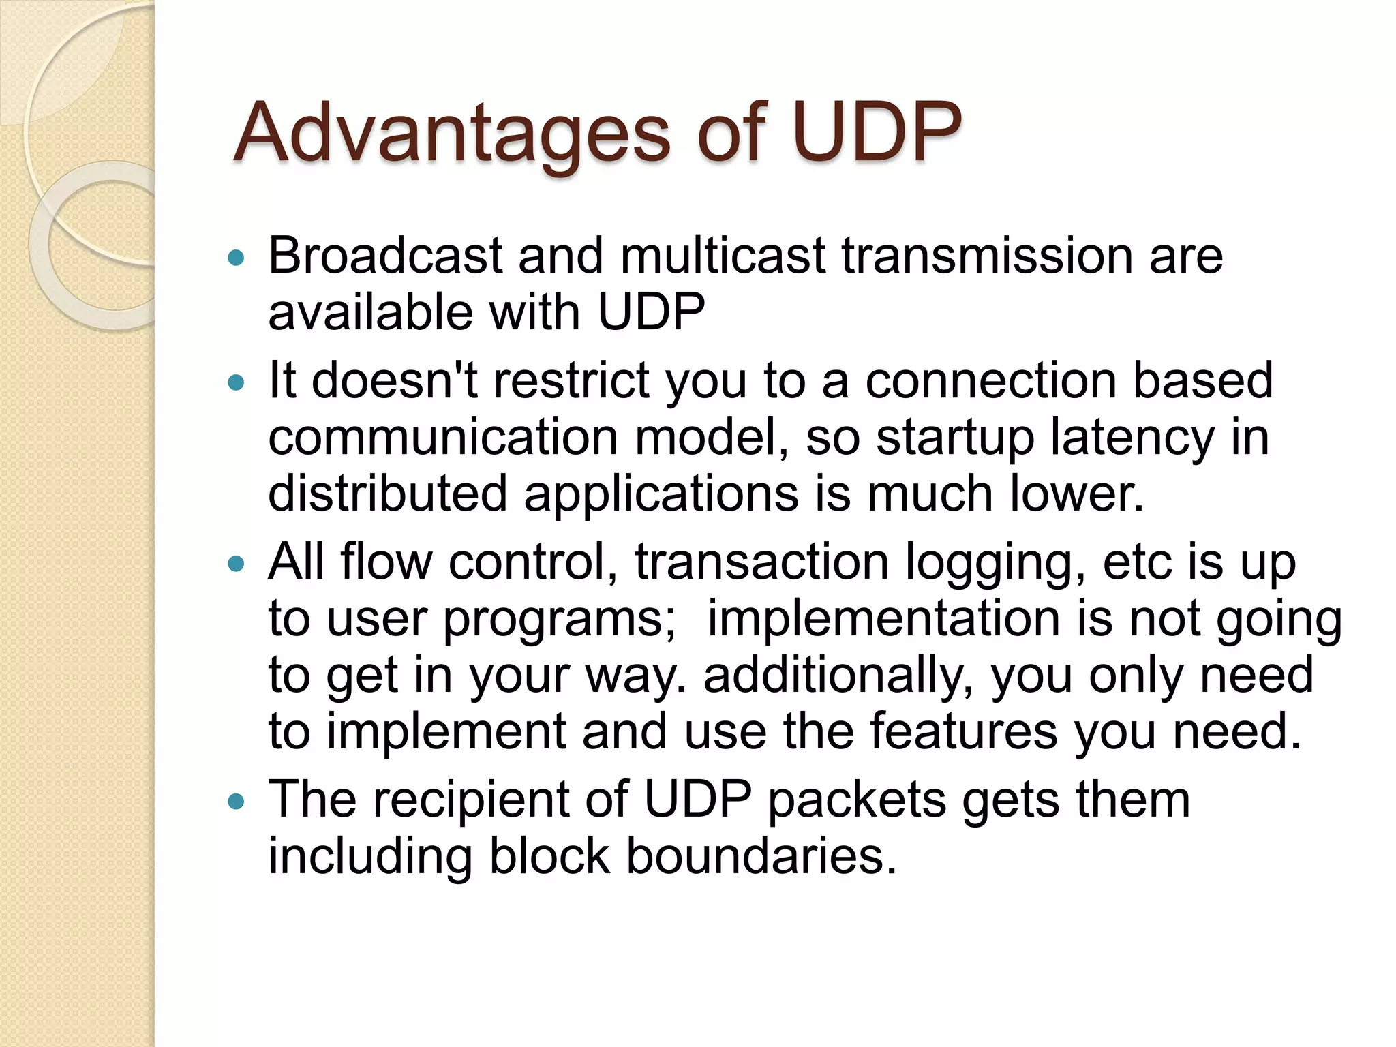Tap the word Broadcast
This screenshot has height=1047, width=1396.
(x=385, y=256)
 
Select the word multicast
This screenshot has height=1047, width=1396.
(x=723, y=256)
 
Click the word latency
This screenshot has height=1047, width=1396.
(x=1132, y=438)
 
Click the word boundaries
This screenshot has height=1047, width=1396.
(x=761, y=856)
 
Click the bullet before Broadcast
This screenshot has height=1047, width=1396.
(x=236, y=258)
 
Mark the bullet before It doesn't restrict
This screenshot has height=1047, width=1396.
(x=236, y=383)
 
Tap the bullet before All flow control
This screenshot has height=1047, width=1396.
(x=236, y=564)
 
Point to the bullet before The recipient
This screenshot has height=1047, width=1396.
(x=236, y=802)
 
